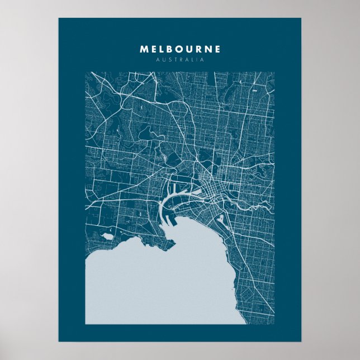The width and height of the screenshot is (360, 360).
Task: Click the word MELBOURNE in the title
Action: [180, 49]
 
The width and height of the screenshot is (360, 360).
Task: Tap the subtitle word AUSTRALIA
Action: [180, 60]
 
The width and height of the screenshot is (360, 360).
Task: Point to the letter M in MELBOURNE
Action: [144, 49]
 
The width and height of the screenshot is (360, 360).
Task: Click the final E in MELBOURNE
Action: [217, 49]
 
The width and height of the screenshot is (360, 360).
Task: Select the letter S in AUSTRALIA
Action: [168, 60]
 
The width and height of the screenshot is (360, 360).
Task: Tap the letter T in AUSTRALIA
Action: [174, 60]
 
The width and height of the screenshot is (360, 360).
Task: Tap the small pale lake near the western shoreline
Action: [107, 236]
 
